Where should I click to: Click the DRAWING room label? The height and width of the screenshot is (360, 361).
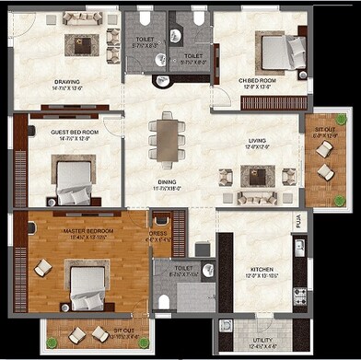(x=66, y=81)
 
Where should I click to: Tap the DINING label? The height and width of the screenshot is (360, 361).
(x=166, y=181)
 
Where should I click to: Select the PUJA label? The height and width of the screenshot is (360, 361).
(x=297, y=222)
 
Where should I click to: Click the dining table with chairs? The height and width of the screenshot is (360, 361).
(x=166, y=138)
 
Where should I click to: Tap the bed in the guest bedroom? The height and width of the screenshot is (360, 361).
(x=72, y=180)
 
